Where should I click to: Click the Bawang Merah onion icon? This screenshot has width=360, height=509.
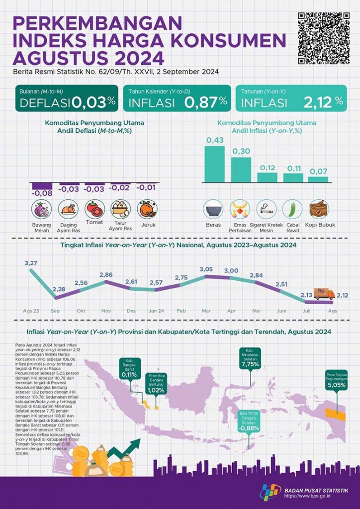point(42,209)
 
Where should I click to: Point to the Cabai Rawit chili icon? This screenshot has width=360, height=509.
point(292,209)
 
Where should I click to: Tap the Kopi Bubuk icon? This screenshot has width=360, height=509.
point(319,209)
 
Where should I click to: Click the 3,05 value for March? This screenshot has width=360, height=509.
point(205,269)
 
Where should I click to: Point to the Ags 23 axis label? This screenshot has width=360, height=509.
point(31,310)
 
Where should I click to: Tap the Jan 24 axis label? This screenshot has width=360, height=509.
point(156,310)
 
